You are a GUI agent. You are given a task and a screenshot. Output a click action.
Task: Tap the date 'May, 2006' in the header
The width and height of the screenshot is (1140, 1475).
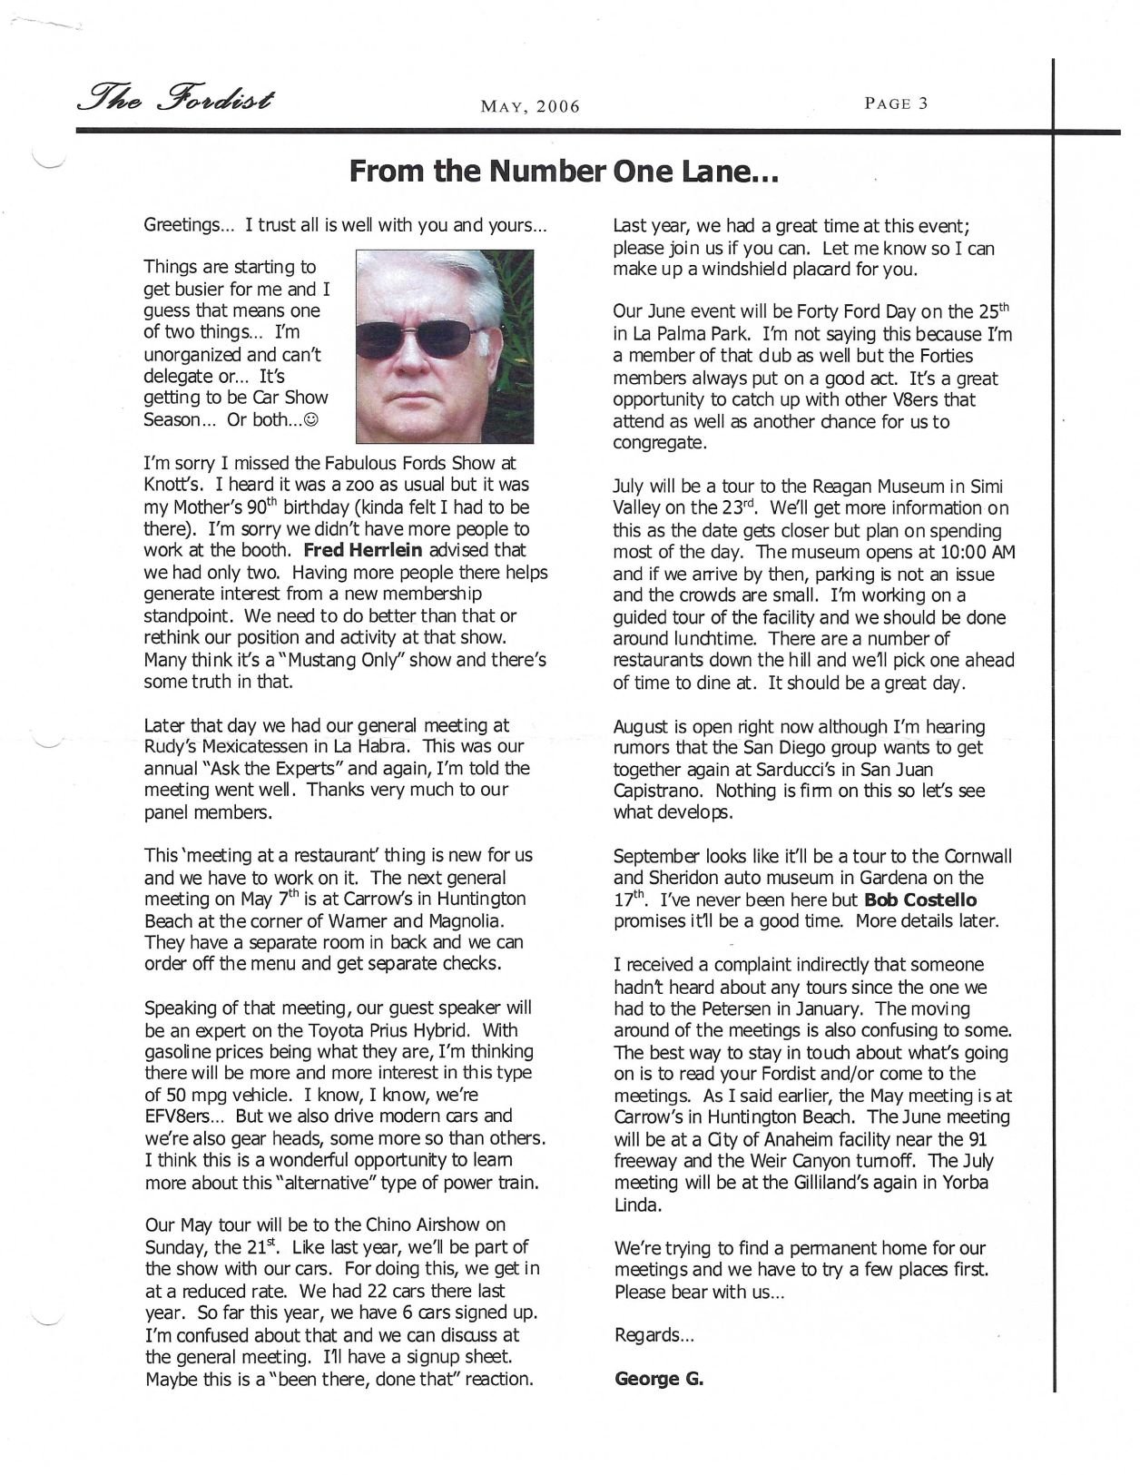pos(530,107)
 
